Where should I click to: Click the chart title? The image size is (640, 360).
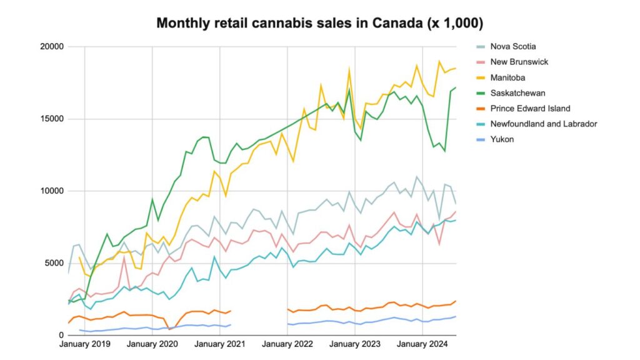point(319,24)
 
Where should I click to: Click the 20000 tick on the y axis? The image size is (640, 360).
point(53,47)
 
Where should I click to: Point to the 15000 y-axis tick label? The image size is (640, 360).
point(53,119)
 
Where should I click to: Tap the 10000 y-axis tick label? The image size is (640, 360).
point(53,191)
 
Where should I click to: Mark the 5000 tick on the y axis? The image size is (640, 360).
point(56,263)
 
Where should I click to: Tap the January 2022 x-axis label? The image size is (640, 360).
point(288,344)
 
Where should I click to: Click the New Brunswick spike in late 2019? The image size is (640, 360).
point(124,257)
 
